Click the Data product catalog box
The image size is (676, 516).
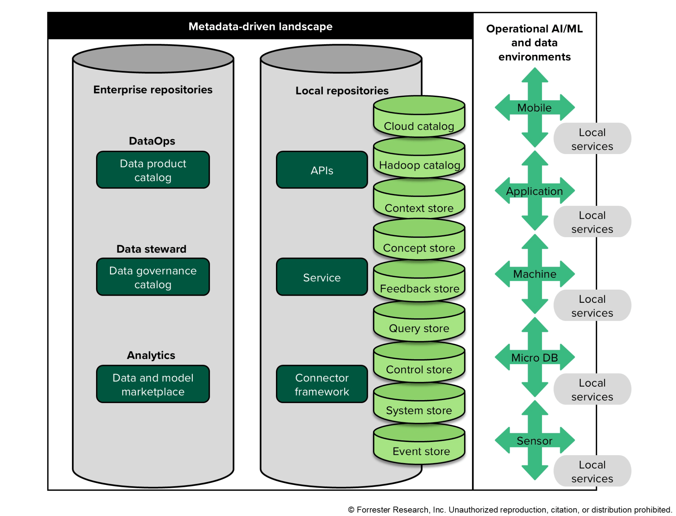[x=153, y=170]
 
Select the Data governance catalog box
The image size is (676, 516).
[x=153, y=277]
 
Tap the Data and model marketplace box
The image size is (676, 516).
[x=153, y=384]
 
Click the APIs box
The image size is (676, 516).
[x=322, y=170]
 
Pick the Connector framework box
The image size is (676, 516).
[x=322, y=384]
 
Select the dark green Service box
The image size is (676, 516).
[x=322, y=277]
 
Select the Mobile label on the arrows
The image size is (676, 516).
[x=534, y=107]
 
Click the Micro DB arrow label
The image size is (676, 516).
[x=534, y=358]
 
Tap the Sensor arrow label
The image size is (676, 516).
[x=534, y=441]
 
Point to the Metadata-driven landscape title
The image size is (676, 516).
[x=260, y=26]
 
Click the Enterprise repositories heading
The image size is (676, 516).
[x=153, y=90]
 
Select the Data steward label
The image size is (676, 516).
[x=151, y=249]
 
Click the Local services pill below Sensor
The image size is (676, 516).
[x=592, y=471]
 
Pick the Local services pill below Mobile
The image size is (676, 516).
[x=592, y=139]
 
